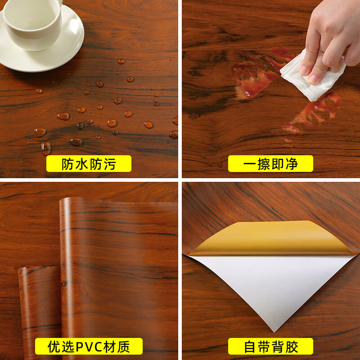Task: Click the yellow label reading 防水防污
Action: click(89, 164)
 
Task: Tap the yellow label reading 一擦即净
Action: click(270, 164)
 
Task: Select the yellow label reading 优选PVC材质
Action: click(89, 346)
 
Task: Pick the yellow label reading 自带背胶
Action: click(270, 346)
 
